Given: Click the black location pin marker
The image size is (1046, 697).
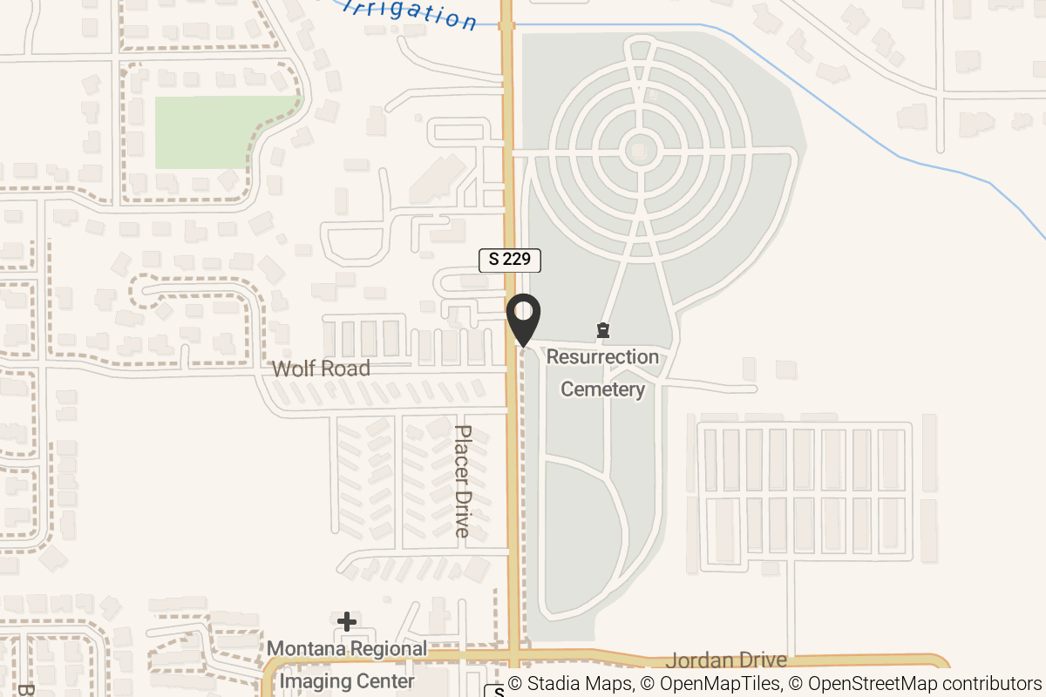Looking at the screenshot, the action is click(x=524, y=319).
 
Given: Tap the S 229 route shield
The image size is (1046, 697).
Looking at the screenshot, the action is click(x=510, y=260).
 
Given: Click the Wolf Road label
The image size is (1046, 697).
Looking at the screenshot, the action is click(x=321, y=369).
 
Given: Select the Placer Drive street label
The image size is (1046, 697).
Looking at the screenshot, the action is click(x=463, y=481).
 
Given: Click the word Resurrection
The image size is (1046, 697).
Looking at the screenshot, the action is click(x=602, y=357).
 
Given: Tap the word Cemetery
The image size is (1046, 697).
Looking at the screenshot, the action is click(x=602, y=389).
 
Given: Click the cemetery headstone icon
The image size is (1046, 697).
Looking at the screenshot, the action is click(x=602, y=330).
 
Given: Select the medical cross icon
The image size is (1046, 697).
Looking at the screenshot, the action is click(x=347, y=621).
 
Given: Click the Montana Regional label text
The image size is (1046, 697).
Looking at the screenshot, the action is click(x=347, y=649).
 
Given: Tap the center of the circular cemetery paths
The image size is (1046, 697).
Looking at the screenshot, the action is click(x=640, y=152).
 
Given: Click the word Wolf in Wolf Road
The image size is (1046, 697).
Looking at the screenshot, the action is click(x=292, y=369).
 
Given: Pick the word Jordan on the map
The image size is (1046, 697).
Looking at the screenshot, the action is click(x=697, y=660).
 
